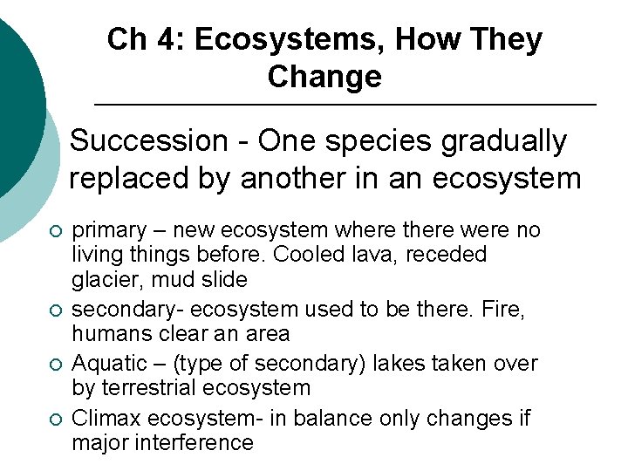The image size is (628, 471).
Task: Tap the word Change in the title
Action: [324, 77]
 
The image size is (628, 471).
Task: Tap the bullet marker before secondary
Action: [55, 311]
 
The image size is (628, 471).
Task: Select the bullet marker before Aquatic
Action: [55, 364]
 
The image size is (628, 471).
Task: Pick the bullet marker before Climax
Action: [55, 420]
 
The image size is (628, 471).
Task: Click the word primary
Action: [107, 230]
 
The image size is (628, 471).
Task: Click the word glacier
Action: [103, 280]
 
